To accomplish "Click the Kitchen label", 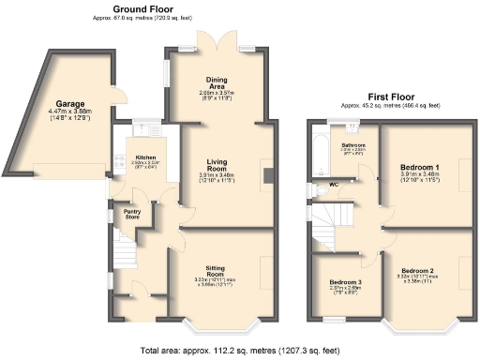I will point(144,157).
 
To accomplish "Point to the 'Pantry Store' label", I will point(132,215).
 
